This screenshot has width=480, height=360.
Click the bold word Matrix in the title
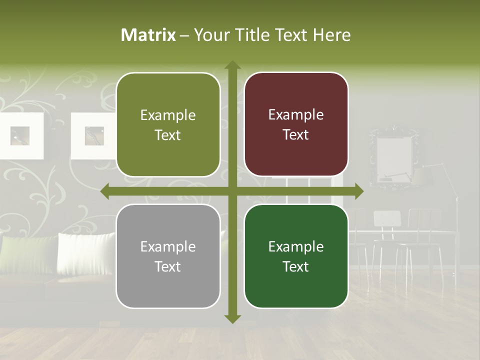click(148, 35)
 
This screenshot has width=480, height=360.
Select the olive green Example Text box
click(168, 125)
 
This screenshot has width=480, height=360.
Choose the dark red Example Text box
click(296, 124)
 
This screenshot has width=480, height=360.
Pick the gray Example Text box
click(168, 256)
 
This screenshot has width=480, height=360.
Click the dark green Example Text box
click(296, 256)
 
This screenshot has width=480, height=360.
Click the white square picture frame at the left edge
click(20, 135)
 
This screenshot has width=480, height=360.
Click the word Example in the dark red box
click(296, 115)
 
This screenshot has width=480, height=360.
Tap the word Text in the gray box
click(168, 266)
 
